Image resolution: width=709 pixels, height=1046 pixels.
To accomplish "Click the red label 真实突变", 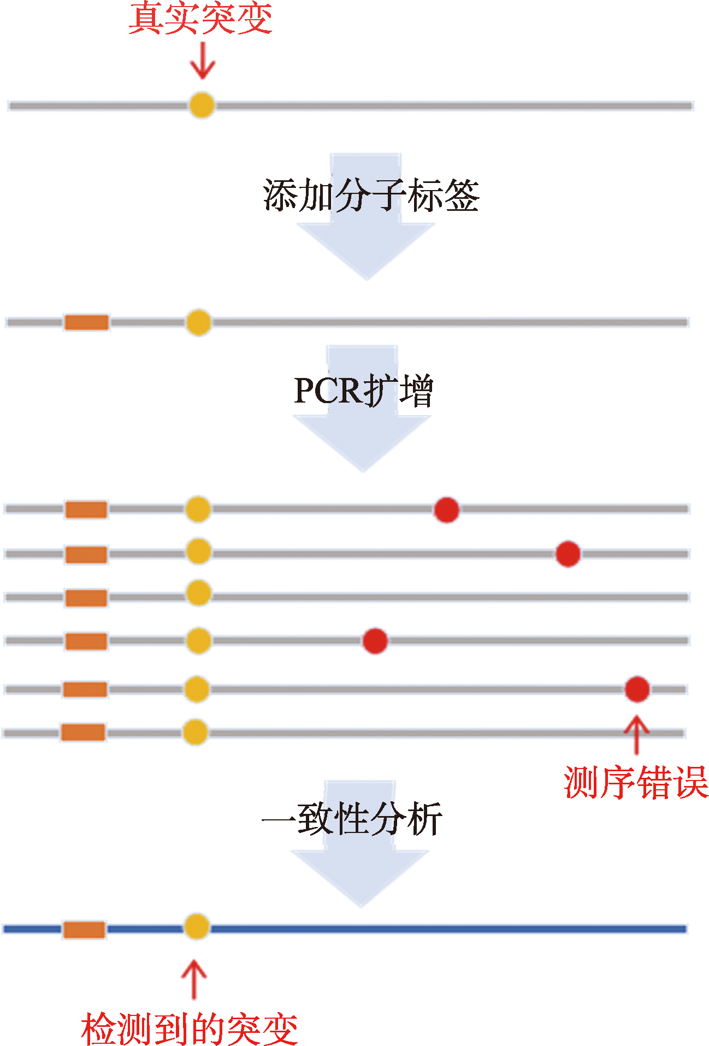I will [200, 19].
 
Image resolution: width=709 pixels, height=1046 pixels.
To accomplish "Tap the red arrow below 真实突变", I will [202, 62].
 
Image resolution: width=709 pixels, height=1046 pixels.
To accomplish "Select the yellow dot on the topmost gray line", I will [202, 105].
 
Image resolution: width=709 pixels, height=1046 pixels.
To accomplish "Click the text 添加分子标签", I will [371, 196].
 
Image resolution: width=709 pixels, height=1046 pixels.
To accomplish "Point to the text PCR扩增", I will [363, 391].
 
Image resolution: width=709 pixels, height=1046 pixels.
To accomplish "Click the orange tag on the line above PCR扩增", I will [87, 322].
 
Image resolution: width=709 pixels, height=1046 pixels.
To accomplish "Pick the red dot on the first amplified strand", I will [446, 510].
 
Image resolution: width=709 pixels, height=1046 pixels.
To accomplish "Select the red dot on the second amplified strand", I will [568, 554].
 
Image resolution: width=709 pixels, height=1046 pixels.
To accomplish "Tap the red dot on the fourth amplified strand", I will [375, 641].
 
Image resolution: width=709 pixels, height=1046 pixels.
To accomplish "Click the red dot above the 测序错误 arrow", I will [637, 689].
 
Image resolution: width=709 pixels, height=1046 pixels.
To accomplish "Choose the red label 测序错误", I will [636, 782].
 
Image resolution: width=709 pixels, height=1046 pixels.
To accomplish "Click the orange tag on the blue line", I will [84, 929].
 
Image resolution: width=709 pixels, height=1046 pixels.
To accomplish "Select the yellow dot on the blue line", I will [196, 926].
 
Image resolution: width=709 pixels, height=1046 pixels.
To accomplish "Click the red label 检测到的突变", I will [190, 1029].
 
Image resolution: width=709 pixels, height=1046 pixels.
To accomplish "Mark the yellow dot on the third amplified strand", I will [198, 593].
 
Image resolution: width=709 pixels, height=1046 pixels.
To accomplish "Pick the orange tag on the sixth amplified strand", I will [83, 732].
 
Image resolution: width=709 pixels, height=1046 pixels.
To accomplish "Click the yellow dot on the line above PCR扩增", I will [198, 322].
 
